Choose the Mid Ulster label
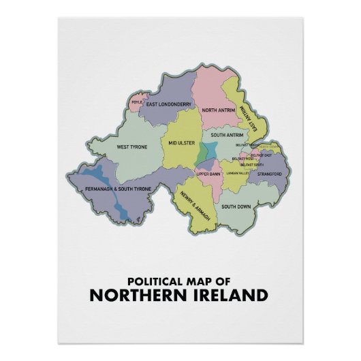(182, 144)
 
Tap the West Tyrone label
(131, 146)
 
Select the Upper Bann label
(208, 174)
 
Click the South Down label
(237, 206)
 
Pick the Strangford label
(269, 174)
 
